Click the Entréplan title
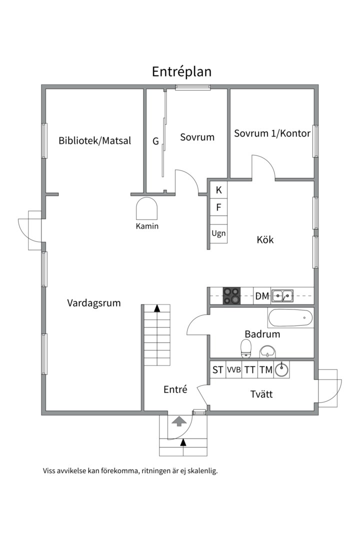[x=181, y=71]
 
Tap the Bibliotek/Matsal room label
[x=94, y=140]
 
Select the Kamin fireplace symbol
[x=147, y=208]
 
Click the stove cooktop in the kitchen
[x=231, y=296]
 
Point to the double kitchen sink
[x=282, y=296]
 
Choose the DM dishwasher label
[x=262, y=296]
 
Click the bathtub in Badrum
[x=290, y=318]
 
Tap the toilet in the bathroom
[x=246, y=348]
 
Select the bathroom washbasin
[x=267, y=352]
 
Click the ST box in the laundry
[x=217, y=370]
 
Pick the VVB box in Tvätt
[x=234, y=370]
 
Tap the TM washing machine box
[x=266, y=370]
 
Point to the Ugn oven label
[x=219, y=233]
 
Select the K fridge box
[x=219, y=190]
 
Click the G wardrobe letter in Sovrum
[x=155, y=141]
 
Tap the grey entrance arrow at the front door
[x=179, y=421]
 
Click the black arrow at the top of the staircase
[x=157, y=308]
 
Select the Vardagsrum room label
[x=93, y=303]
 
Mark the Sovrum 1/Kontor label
[x=272, y=133]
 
